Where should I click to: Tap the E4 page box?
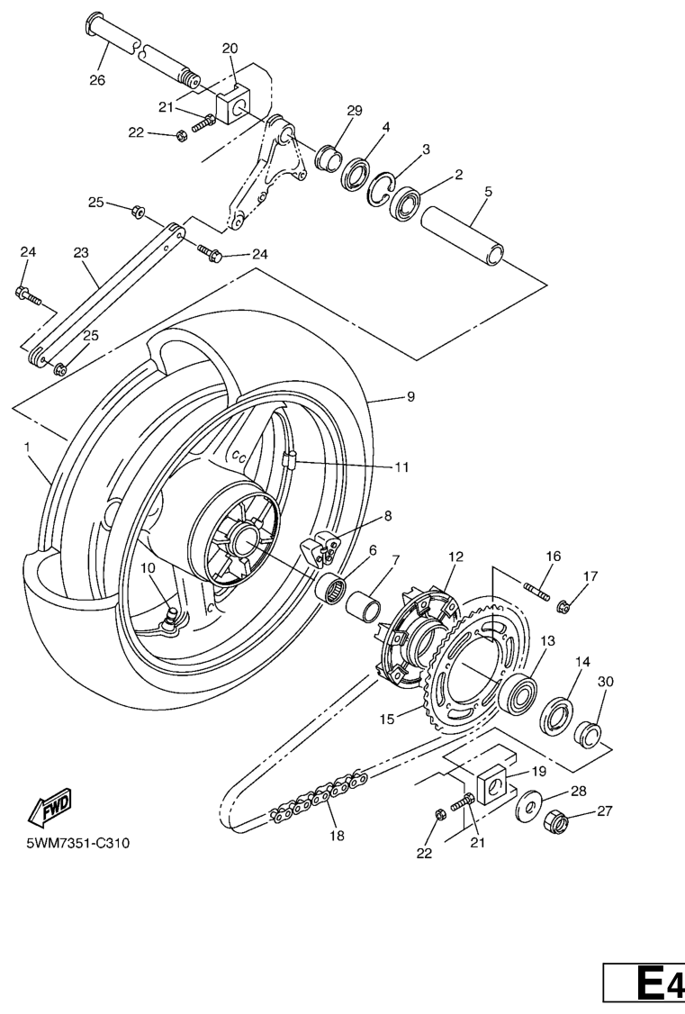[645, 988]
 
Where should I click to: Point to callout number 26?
[96, 80]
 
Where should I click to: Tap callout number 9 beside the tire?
[410, 396]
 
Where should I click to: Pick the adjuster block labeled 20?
[239, 104]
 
